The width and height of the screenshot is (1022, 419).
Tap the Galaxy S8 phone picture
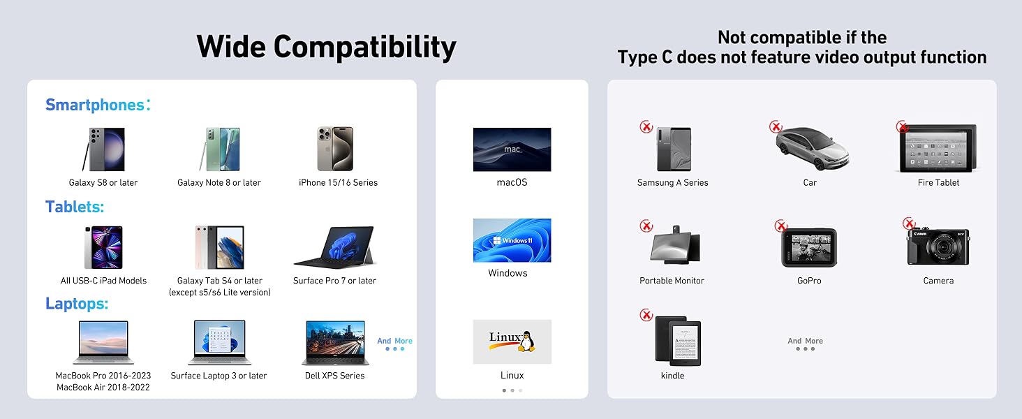point(103,149)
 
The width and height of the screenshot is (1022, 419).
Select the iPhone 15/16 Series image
point(335,149)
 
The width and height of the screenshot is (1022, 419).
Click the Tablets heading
point(75,207)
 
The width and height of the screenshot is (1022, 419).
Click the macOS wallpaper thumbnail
point(512,149)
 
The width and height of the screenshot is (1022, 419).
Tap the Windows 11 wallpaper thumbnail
point(512,240)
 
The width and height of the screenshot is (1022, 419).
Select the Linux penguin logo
point(527,341)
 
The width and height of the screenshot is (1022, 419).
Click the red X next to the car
point(776,126)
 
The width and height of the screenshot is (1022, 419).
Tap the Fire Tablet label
point(938,183)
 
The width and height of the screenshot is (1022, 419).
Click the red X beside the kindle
point(646,315)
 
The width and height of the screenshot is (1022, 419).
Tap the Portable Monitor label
point(672,281)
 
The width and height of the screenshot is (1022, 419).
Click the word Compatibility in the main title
point(364,47)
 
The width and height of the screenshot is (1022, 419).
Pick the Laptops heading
point(77,304)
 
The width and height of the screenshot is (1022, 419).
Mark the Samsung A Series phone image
point(674,149)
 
